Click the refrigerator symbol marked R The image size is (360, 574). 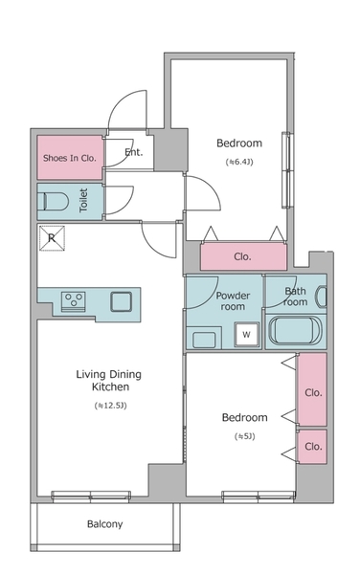coord(52,238)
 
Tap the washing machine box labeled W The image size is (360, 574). coord(246,334)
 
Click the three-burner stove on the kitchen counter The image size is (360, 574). coord(74,301)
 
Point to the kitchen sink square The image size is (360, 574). coord(122,301)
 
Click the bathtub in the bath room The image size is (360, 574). coord(295,330)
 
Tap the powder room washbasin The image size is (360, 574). coord(204,340)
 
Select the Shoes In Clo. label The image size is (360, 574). coord(70,158)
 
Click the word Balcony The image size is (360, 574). coord(104,524)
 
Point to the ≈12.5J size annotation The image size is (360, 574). coord(110,406)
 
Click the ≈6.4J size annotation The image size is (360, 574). coord(239,162)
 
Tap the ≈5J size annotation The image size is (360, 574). coord(245,436)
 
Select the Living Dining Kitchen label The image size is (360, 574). coord(109,381)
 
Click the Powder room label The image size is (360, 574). coord(233,301)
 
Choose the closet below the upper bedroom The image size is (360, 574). coord(243,256)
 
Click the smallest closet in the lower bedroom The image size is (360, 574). coord(312,447)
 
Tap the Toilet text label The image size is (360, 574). coord(83,200)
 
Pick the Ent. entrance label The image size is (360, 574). coord(134,152)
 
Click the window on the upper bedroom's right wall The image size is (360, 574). coord(288,170)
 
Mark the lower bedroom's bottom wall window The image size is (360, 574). coord(259,496)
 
